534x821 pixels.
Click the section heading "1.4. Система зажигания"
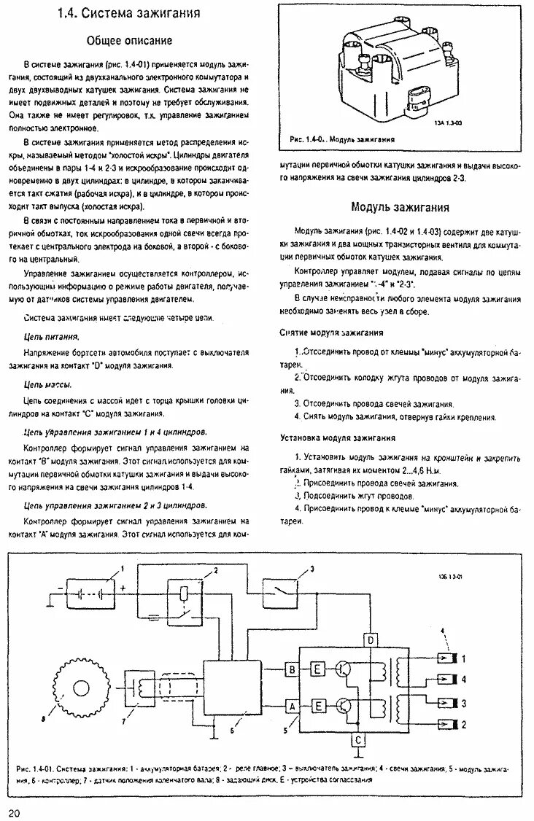pos(130,14)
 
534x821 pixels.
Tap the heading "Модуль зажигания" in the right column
pos(400,207)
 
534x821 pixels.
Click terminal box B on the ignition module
pos(292,669)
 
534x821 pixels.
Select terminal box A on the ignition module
pos(292,705)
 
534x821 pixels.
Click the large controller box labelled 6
pos(233,692)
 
